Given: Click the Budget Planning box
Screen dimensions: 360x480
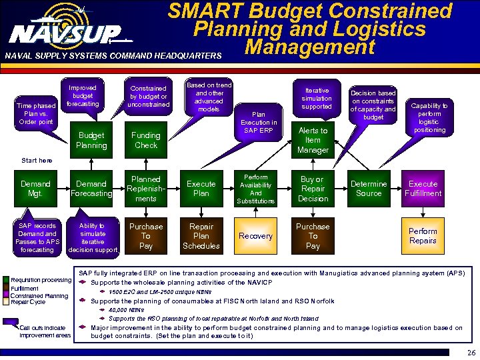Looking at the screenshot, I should point(91,140).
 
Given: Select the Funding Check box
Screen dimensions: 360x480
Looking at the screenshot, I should point(146,140).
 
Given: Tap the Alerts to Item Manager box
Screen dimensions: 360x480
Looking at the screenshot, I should point(313,140).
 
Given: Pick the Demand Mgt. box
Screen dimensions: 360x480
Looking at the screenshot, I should point(36,189).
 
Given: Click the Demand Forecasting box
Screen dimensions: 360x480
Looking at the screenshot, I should point(91,189).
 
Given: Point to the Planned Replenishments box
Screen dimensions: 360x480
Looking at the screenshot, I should point(146,189).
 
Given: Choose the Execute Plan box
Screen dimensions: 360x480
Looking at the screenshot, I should point(201,189).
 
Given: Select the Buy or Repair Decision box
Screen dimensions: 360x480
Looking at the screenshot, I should point(313,189).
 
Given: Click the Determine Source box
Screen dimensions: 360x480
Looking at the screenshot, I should point(369,189).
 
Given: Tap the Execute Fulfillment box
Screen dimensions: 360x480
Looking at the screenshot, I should point(423,189).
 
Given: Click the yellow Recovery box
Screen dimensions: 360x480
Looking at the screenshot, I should point(255,236).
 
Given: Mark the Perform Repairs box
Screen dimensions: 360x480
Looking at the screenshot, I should point(423,236).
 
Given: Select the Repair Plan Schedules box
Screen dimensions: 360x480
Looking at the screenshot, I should point(201,236).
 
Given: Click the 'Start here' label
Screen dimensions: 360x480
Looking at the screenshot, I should point(37,161).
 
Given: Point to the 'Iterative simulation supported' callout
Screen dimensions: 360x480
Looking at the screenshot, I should point(316,98).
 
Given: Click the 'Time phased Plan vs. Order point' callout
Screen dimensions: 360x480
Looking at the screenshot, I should point(36,113).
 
